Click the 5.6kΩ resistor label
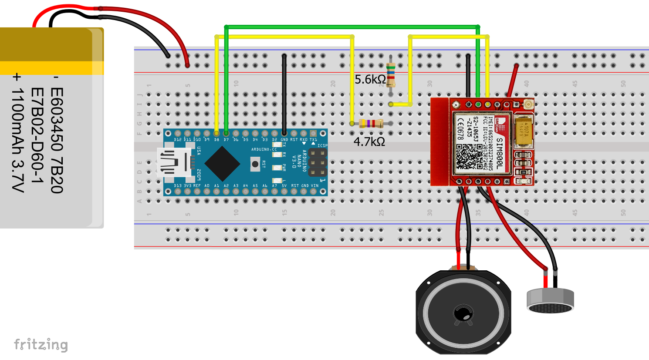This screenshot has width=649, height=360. [370, 80]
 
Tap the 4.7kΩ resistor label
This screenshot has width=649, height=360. [369, 142]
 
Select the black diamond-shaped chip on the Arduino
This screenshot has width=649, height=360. [222, 163]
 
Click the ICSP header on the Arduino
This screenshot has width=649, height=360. [318, 162]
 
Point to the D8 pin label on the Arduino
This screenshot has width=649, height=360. [216, 140]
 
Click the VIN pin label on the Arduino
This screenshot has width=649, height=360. [314, 186]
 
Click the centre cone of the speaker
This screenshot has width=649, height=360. [463, 313]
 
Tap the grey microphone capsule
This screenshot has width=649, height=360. [550, 301]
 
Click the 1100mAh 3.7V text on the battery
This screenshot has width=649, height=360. [17, 133]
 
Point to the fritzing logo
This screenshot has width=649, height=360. [41, 345]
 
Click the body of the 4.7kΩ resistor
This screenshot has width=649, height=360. [371, 124]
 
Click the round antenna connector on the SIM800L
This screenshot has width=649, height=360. [529, 104]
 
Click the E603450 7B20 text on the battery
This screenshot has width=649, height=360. [57, 140]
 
